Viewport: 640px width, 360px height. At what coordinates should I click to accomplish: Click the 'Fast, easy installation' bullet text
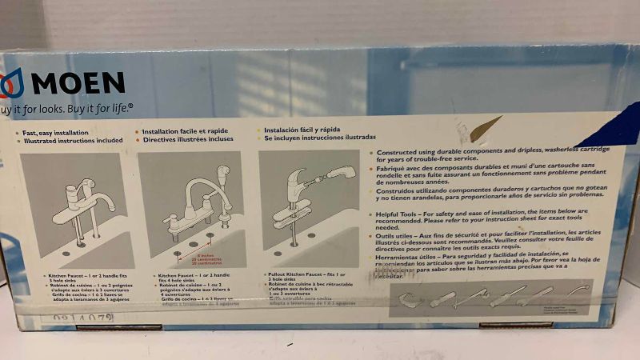[55, 132]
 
